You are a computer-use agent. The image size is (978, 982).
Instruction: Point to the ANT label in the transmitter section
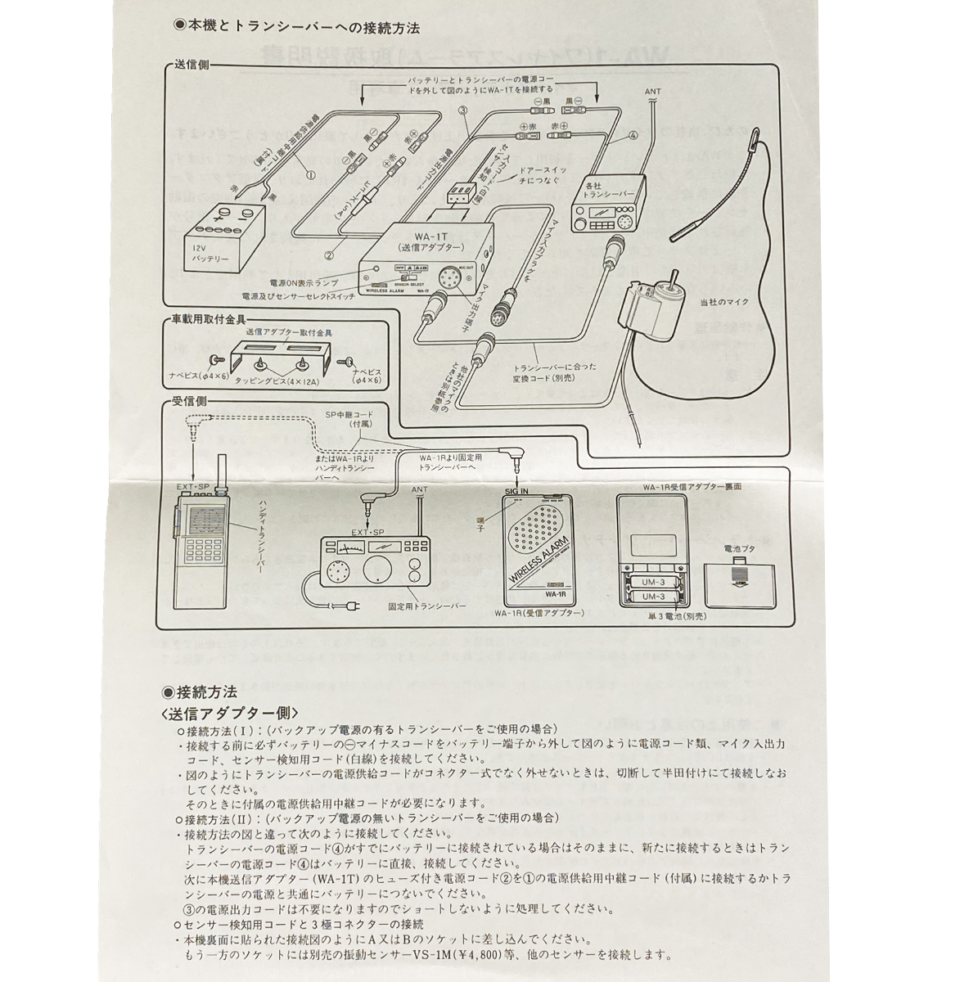click(652, 92)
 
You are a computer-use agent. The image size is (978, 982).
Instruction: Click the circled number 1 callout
click(310, 173)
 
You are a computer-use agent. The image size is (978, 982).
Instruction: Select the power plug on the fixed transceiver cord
click(350, 606)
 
